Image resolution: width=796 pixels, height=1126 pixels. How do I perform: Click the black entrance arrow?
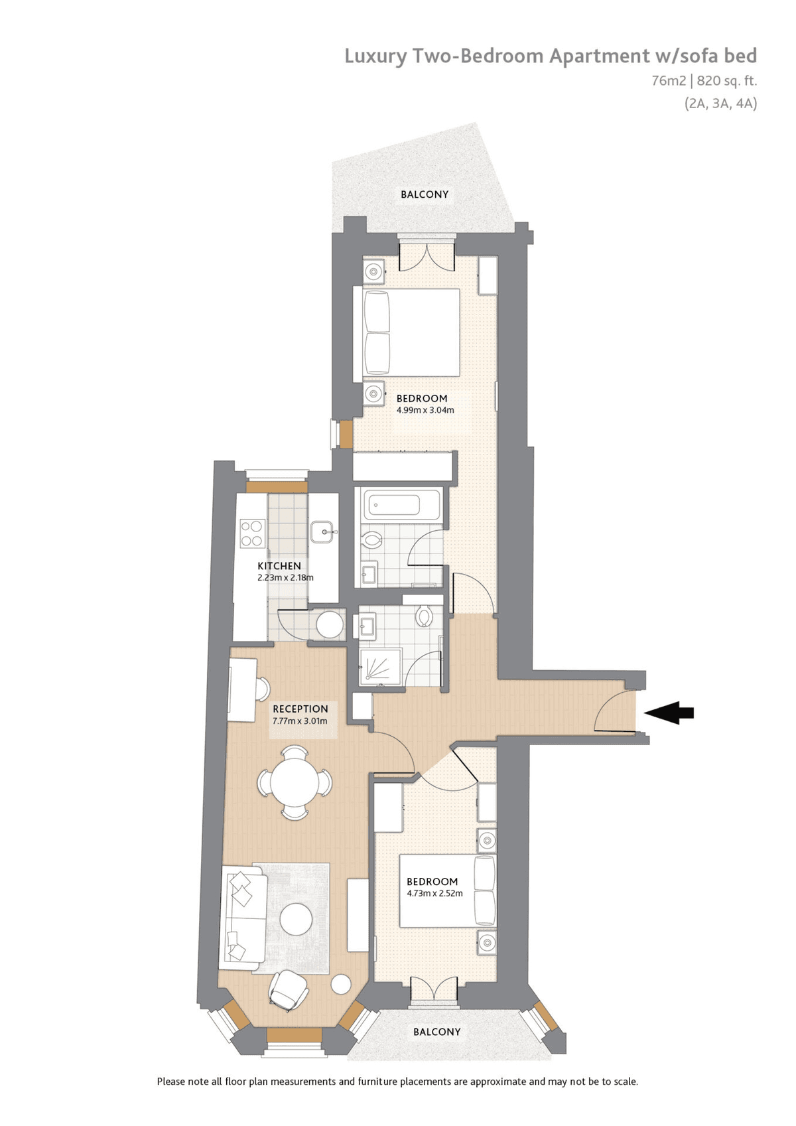[x=669, y=713]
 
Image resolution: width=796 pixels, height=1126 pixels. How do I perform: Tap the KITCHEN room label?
[x=279, y=566]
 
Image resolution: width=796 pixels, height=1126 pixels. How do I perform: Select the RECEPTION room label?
[x=300, y=709]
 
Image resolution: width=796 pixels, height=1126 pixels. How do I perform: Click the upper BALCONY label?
[x=425, y=194]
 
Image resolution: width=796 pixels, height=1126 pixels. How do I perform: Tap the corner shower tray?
[x=381, y=667]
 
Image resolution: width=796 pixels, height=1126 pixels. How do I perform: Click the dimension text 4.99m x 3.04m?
[x=425, y=409]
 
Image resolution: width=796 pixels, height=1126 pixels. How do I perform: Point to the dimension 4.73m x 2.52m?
[x=434, y=893]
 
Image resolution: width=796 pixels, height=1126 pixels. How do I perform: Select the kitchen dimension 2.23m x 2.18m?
[x=285, y=577]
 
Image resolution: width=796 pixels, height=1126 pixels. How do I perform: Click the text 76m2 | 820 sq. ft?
[x=704, y=80]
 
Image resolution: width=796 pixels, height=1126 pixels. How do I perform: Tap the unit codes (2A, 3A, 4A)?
[x=720, y=104]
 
